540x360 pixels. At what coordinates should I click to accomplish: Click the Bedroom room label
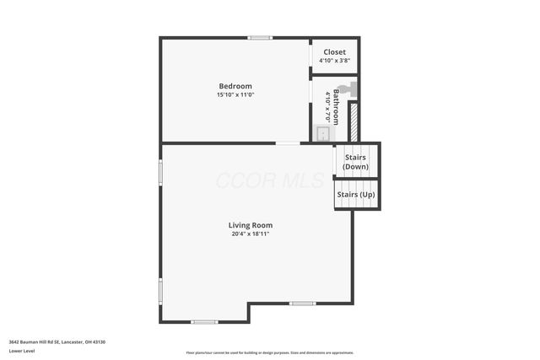235,86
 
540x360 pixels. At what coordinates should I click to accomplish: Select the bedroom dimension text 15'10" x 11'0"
235,95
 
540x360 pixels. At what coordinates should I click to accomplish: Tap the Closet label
335,52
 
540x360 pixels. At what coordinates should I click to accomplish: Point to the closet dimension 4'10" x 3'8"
335,61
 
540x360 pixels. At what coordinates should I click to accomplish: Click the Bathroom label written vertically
335,108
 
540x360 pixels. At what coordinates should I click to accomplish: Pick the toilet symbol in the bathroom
344,88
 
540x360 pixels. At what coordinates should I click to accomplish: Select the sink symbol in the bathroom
322,133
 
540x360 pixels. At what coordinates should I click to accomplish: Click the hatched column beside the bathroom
354,122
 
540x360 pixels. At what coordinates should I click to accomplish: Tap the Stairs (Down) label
355,162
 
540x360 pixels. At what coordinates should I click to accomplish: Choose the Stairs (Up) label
355,195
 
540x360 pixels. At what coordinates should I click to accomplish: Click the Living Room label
251,225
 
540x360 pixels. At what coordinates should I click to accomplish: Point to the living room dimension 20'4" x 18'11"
251,234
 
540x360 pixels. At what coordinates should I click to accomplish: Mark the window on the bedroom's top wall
260,37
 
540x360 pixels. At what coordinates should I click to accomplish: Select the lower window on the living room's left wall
160,291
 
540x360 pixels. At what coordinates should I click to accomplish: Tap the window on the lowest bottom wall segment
204,322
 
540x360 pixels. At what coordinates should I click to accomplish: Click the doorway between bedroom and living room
288,143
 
